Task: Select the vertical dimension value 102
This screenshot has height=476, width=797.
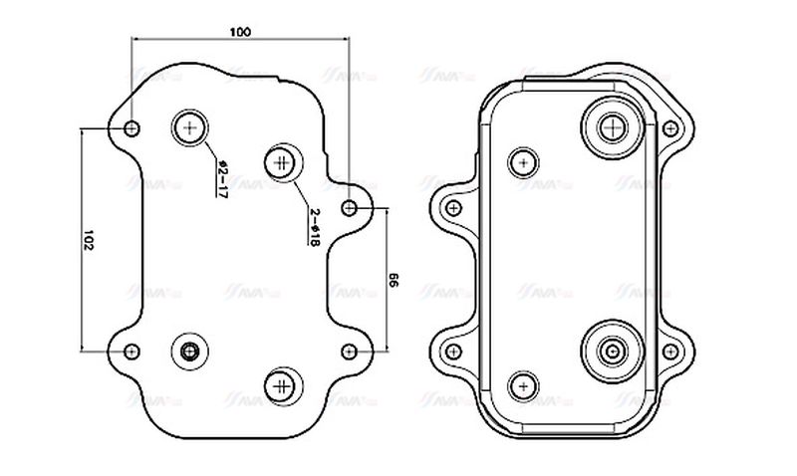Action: [x=88, y=240]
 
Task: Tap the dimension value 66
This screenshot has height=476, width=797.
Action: [x=393, y=282]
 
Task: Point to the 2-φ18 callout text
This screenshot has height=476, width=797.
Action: [x=313, y=227]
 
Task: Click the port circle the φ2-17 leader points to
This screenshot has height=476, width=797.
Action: [x=190, y=126]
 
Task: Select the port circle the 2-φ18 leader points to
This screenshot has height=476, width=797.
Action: [x=281, y=161]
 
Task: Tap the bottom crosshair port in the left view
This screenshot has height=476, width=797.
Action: [x=281, y=384]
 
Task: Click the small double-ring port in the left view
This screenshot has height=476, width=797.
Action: [x=189, y=351]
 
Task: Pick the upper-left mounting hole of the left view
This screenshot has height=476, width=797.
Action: [x=133, y=127]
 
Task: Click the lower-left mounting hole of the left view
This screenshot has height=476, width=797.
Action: [x=132, y=351]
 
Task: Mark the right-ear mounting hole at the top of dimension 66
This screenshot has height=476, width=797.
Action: [x=349, y=207]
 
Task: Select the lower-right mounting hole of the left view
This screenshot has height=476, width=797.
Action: [x=349, y=351]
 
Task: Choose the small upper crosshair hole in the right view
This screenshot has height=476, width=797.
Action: [x=522, y=161]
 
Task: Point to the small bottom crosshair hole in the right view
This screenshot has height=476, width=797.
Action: [x=522, y=385]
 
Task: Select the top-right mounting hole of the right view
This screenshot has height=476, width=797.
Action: [x=673, y=127]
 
